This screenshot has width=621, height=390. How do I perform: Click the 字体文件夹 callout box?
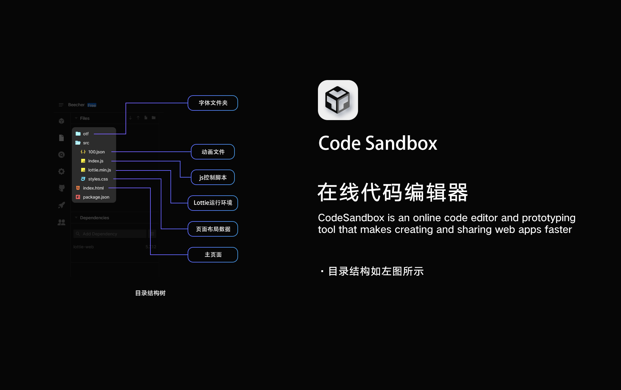pyautogui.click(x=213, y=103)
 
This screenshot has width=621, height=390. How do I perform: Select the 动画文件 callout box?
pyautogui.click(x=213, y=152)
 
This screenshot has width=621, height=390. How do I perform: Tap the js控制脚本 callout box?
pyautogui.click(x=213, y=177)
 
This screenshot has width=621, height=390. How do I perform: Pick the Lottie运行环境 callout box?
pyautogui.click(x=213, y=203)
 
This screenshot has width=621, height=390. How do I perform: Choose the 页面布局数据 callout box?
pyautogui.click(x=213, y=229)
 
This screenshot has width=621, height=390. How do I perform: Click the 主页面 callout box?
pyautogui.click(x=213, y=255)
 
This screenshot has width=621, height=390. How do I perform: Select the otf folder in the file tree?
pyautogui.click(x=85, y=134)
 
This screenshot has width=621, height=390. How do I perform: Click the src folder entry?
pyautogui.click(x=86, y=143)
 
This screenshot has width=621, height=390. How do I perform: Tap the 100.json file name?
pyautogui.click(x=96, y=152)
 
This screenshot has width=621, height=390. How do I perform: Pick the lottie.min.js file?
pyautogui.click(x=99, y=170)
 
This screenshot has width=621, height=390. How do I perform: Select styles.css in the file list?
pyautogui.click(x=98, y=179)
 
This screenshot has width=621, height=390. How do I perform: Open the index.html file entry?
pyautogui.click(x=93, y=188)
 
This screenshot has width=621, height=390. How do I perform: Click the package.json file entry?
pyautogui.click(x=96, y=197)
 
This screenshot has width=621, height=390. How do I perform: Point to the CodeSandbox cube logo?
pyautogui.click(x=338, y=100)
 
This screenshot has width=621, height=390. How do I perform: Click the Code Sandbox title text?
pyautogui.click(x=377, y=143)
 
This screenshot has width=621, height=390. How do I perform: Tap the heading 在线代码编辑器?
pyautogui.click(x=393, y=192)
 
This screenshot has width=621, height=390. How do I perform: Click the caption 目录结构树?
pyautogui.click(x=150, y=293)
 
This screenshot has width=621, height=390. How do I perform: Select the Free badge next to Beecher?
pyautogui.click(x=92, y=105)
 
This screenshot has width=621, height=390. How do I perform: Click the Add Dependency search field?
pyautogui.click(x=110, y=234)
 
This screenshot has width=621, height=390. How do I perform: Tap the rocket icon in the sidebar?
pyautogui.click(x=61, y=205)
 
